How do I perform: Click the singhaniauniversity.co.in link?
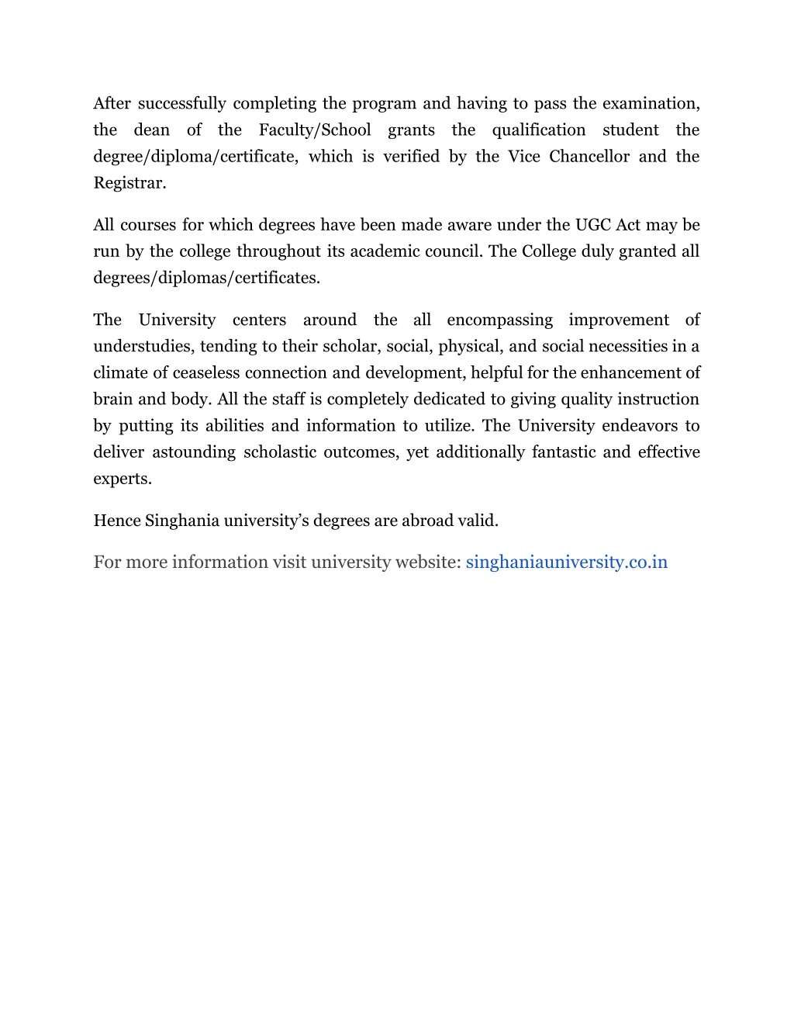click(x=566, y=562)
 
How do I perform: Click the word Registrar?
click(x=129, y=183)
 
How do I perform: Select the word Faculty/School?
click(x=315, y=130)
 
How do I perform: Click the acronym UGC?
click(x=593, y=225)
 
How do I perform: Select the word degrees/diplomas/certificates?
click(x=206, y=278)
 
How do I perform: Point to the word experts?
click(x=122, y=479)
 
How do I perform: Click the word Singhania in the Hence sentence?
click(x=182, y=521)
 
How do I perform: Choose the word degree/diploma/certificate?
click(x=195, y=157)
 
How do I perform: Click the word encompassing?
click(x=499, y=320)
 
